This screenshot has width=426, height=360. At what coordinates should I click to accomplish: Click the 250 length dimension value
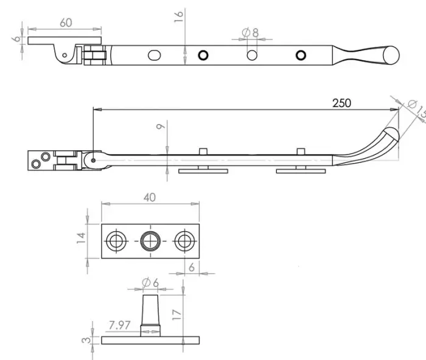point(341,103)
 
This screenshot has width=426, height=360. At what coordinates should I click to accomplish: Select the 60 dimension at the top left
point(66,22)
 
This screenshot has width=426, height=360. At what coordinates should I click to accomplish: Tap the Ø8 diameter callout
point(250,32)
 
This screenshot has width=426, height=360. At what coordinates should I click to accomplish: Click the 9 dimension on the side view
point(159,128)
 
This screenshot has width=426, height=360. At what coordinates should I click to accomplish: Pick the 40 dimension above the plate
point(150,197)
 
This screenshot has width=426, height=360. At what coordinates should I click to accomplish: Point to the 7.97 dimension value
point(120,326)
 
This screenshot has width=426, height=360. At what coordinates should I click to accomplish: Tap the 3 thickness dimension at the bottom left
point(86,340)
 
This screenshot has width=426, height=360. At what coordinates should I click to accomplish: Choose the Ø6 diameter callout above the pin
point(150,282)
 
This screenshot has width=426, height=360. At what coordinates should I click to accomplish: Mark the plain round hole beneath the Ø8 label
point(251,55)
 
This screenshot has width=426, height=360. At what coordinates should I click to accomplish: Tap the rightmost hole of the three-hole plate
point(183,241)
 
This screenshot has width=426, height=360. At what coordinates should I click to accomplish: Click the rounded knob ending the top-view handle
point(389,55)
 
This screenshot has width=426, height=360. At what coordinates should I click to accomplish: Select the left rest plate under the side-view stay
point(203,171)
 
